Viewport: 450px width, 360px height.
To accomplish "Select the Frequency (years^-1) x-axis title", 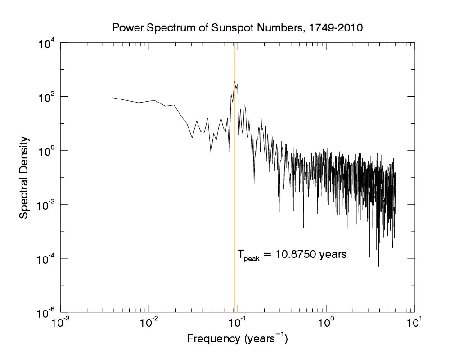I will tap(237, 338).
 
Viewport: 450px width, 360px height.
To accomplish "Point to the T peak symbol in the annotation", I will tap(248, 256).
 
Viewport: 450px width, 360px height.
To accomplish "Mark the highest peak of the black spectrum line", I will tap(234, 81).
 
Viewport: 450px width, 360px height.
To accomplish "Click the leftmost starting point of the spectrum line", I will tap(112, 97).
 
